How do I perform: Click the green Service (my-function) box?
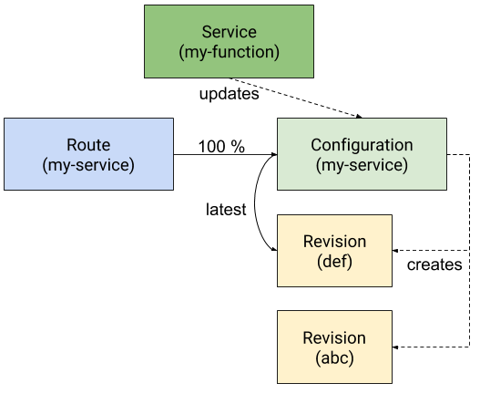pos(229,41)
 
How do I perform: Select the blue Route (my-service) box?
pos(88,154)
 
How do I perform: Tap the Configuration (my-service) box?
pos(362,154)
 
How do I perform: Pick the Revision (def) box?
pos(334,251)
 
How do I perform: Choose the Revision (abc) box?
pos(334,347)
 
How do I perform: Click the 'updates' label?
pos(229,94)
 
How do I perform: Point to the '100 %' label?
pos(221,146)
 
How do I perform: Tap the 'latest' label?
pos(226,210)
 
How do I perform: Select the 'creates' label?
pos(434,264)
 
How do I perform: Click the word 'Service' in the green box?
pos(229,32)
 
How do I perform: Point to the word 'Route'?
pos(88,145)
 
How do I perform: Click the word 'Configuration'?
pos(362,145)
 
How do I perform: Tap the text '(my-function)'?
pos(229,52)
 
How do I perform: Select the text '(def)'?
pos(334,262)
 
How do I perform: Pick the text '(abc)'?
pos(334,358)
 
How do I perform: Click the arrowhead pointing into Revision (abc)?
pos(395,347)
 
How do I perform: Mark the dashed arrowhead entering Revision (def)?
pos(395,251)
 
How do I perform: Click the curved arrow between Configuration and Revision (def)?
pos(255,202)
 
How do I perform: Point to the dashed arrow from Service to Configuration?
pos(296,98)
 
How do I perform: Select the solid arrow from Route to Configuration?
pos(225,154)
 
